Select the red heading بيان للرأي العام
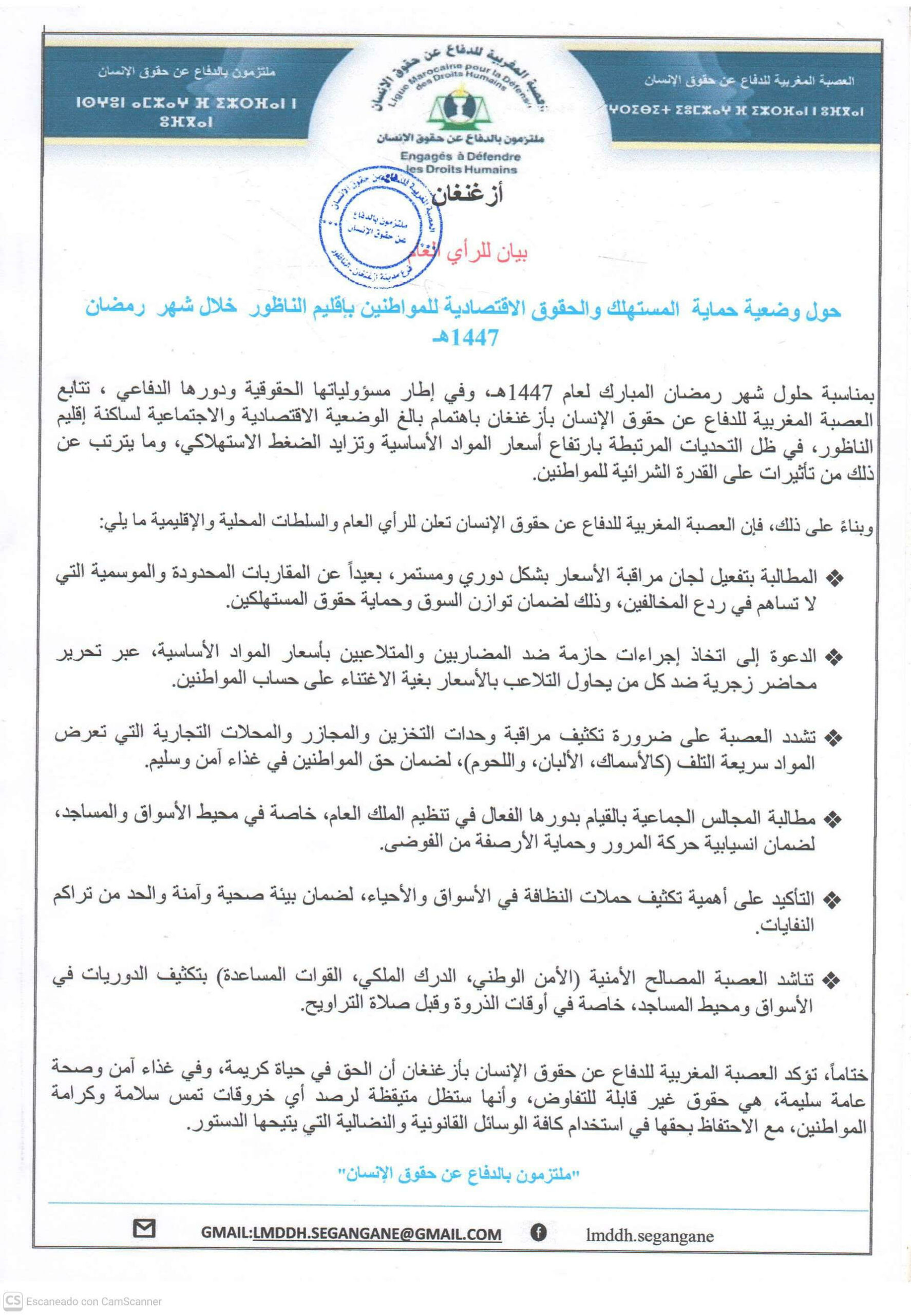(478, 252)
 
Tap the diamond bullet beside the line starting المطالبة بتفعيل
(835, 578)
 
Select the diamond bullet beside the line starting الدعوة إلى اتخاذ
(835, 659)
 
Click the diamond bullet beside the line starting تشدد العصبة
(835, 738)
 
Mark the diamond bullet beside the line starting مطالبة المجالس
(835, 819)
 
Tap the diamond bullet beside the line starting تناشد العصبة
(835, 981)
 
